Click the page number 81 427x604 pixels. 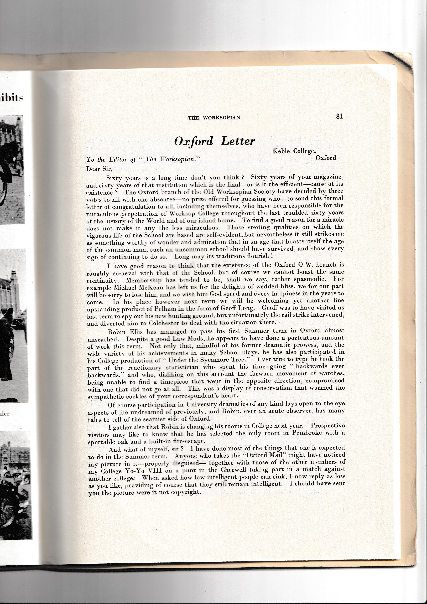point(339,116)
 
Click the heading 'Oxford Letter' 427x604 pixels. point(214,141)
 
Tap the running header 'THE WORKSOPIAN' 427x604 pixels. point(214,118)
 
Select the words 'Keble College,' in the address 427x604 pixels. point(294,151)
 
